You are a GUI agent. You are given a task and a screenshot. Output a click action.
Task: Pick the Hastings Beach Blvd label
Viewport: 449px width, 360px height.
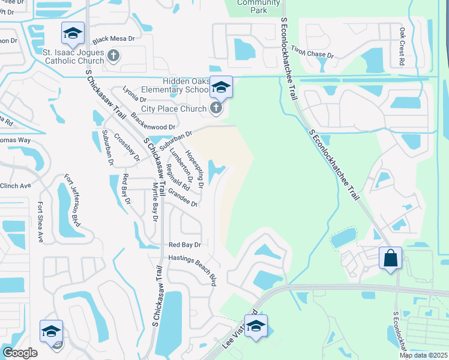[x=192, y=268]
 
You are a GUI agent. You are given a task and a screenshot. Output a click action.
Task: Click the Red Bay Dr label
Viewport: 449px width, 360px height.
[x=184, y=245]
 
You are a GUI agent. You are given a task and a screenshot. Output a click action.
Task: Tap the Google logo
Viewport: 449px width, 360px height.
[x=19, y=353]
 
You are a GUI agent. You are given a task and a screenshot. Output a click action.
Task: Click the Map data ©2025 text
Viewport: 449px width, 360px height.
[x=423, y=355]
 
